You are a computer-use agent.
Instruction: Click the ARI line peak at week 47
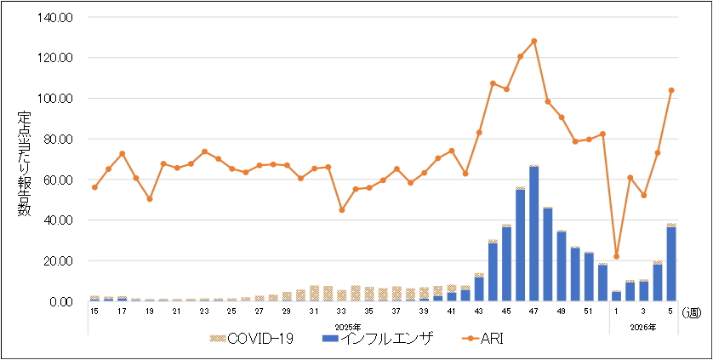click(x=533, y=41)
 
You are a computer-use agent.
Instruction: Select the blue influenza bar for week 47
click(x=533, y=234)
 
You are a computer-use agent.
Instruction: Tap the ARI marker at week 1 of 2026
click(x=616, y=256)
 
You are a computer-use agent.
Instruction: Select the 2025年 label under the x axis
click(x=347, y=326)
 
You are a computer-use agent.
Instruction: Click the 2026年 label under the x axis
click(x=644, y=326)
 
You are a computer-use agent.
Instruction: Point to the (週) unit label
click(x=693, y=312)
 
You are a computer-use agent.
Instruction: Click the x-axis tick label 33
click(x=341, y=312)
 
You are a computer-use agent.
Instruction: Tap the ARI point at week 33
click(x=341, y=209)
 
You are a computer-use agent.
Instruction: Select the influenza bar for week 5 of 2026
click(x=670, y=264)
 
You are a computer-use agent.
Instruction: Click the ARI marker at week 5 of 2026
click(x=670, y=89)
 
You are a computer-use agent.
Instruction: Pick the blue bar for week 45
click(x=506, y=264)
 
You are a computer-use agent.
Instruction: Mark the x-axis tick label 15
click(x=94, y=312)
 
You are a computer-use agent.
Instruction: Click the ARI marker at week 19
click(x=150, y=199)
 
